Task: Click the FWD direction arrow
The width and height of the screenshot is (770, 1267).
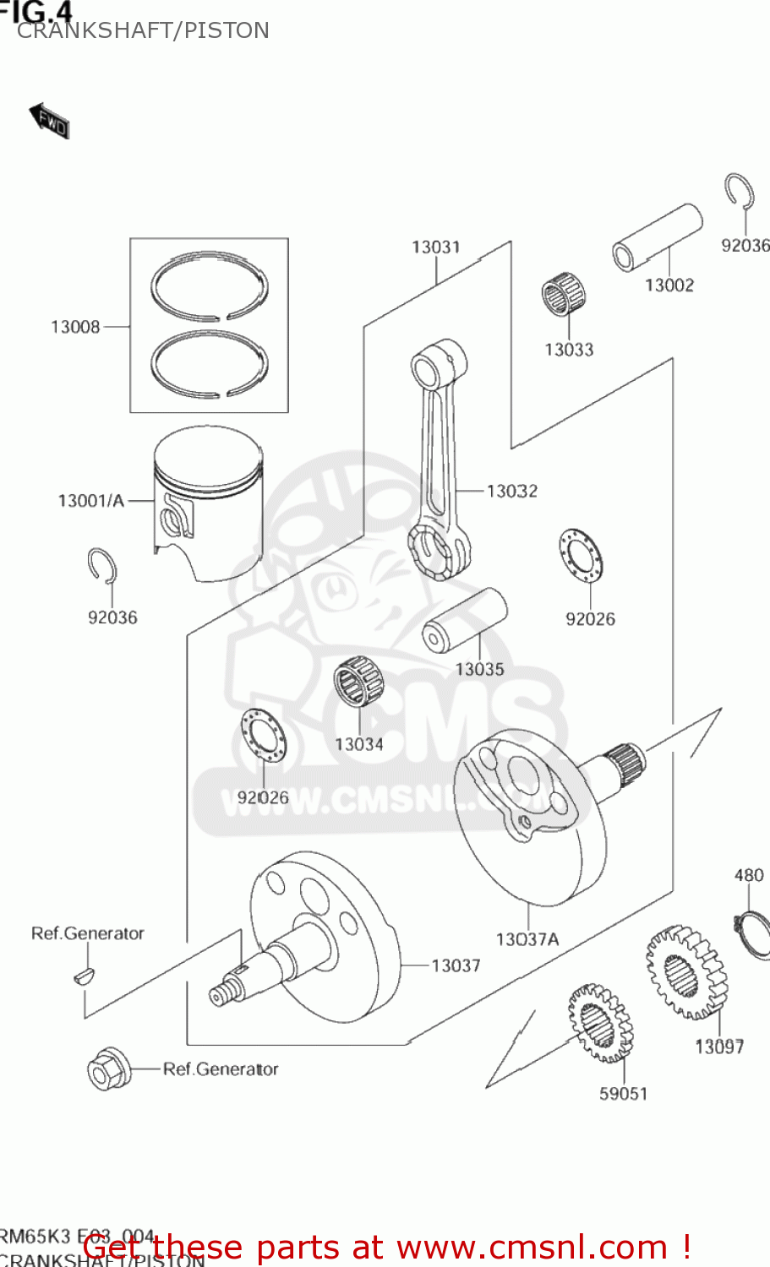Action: click(x=49, y=121)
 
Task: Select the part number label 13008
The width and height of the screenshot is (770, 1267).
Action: click(x=75, y=327)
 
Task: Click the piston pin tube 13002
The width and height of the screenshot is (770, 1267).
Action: click(x=658, y=237)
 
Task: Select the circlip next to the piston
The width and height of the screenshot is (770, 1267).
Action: click(x=102, y=566)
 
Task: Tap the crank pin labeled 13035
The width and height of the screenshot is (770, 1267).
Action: click(x=464, y=620)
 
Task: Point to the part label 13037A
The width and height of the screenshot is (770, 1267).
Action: click(x=527, y=939)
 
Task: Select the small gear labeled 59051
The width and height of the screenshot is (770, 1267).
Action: click(x=600, y=1022)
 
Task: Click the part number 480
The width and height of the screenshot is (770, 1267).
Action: click(x=749, y=875)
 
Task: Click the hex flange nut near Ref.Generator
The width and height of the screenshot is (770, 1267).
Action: click(x=107, y=1069)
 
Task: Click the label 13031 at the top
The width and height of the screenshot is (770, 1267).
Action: click(x=436, y=247)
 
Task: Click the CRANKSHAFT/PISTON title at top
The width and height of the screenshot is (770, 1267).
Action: click(x=143, y=30)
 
